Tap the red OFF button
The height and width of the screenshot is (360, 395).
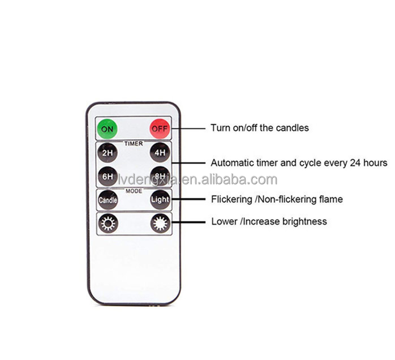pyautogui.click(x=159, y=128)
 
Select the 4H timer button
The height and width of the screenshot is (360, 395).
pyautogui.click(x=159, y=153)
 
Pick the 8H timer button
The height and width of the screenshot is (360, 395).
pyautogui.click(x=159, y=176)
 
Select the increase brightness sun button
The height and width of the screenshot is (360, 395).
pyautogui.click(x=159, y=223)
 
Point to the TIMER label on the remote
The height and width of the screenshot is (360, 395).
pyautogui.click(x=133, y=144)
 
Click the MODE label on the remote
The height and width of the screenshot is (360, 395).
pyautogui.click(x=134, y=191)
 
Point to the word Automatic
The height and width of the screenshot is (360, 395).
pyautogui.click(x=231, y=163)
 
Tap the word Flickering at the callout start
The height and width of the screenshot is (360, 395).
pyautogui.click(x=233, y=199)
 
